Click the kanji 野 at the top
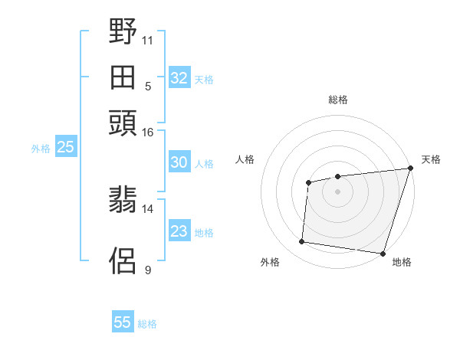123,32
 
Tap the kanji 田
123,77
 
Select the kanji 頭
123,123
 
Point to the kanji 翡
123,200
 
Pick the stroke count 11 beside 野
148,39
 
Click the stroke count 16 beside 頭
148,133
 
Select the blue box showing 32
179,78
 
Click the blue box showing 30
179,162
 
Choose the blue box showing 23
179,231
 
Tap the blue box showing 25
65,148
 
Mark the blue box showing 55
123,322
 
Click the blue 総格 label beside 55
147,324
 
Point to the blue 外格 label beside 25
41,149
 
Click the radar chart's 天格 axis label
431,159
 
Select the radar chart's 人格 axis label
245,159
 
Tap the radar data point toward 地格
382,253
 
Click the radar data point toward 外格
302,242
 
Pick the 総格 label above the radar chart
338,100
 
